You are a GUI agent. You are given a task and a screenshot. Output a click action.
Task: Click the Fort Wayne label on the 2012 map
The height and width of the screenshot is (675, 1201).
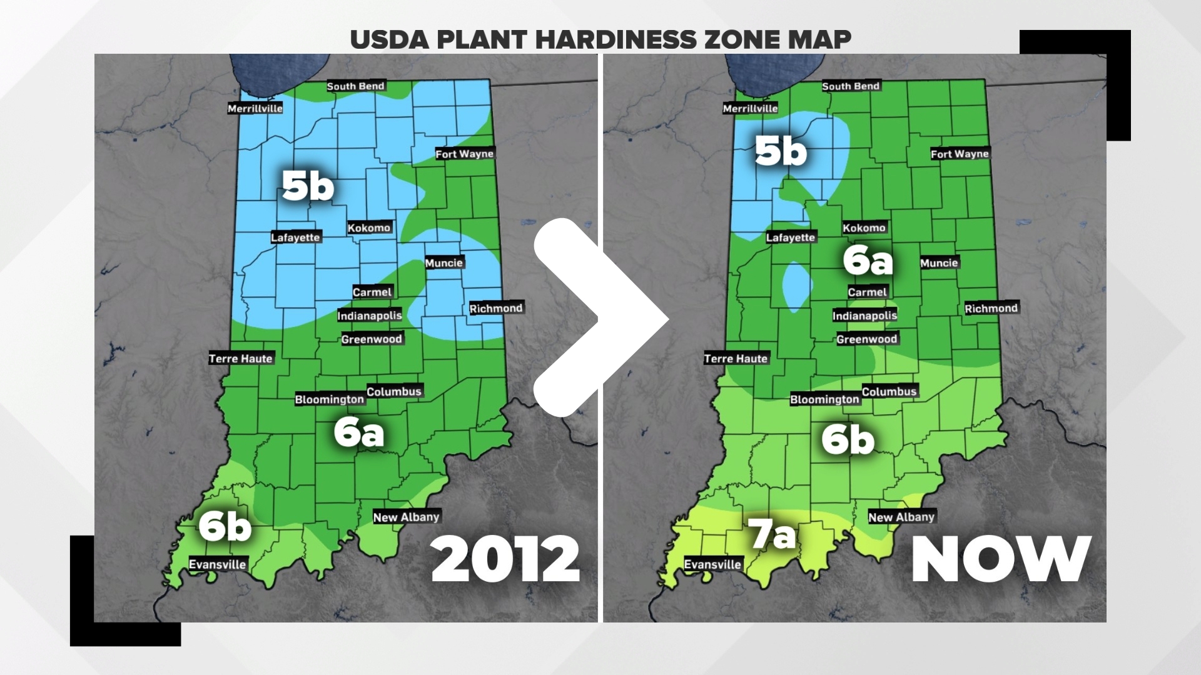(464, 154)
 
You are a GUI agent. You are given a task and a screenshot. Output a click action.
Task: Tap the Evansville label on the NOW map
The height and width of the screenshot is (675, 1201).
(712, 564)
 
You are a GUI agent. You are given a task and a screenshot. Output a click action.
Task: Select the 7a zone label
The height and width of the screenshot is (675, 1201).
(773, 535)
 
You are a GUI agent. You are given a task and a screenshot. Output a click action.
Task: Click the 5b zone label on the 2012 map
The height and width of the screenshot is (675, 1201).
(308, 186)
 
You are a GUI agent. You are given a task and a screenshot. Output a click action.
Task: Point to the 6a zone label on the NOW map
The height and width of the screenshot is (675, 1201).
(868, 260)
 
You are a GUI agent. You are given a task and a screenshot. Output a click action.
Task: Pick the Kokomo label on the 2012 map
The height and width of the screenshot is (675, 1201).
(369, 227)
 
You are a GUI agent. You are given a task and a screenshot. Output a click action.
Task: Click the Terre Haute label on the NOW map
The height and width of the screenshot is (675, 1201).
(736, 358)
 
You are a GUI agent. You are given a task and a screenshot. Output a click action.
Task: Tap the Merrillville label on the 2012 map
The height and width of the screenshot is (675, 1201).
(255, 108)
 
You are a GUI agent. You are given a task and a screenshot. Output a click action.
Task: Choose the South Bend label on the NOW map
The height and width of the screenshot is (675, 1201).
(851, 86)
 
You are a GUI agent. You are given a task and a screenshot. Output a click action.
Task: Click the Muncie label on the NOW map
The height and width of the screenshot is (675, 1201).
(939, 263)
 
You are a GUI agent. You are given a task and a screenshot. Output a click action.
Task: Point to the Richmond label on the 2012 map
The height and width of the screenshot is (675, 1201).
(496, 308)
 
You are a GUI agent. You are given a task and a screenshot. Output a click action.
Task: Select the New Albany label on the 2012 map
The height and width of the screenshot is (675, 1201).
(407, 517)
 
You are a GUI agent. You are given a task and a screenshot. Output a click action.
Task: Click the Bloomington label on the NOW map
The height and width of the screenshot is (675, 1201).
(824, 399)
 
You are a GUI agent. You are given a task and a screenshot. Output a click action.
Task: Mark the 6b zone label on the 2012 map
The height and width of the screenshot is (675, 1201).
(225, 527)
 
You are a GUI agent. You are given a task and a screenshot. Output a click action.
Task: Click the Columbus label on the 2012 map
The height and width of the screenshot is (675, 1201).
(394, 391)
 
